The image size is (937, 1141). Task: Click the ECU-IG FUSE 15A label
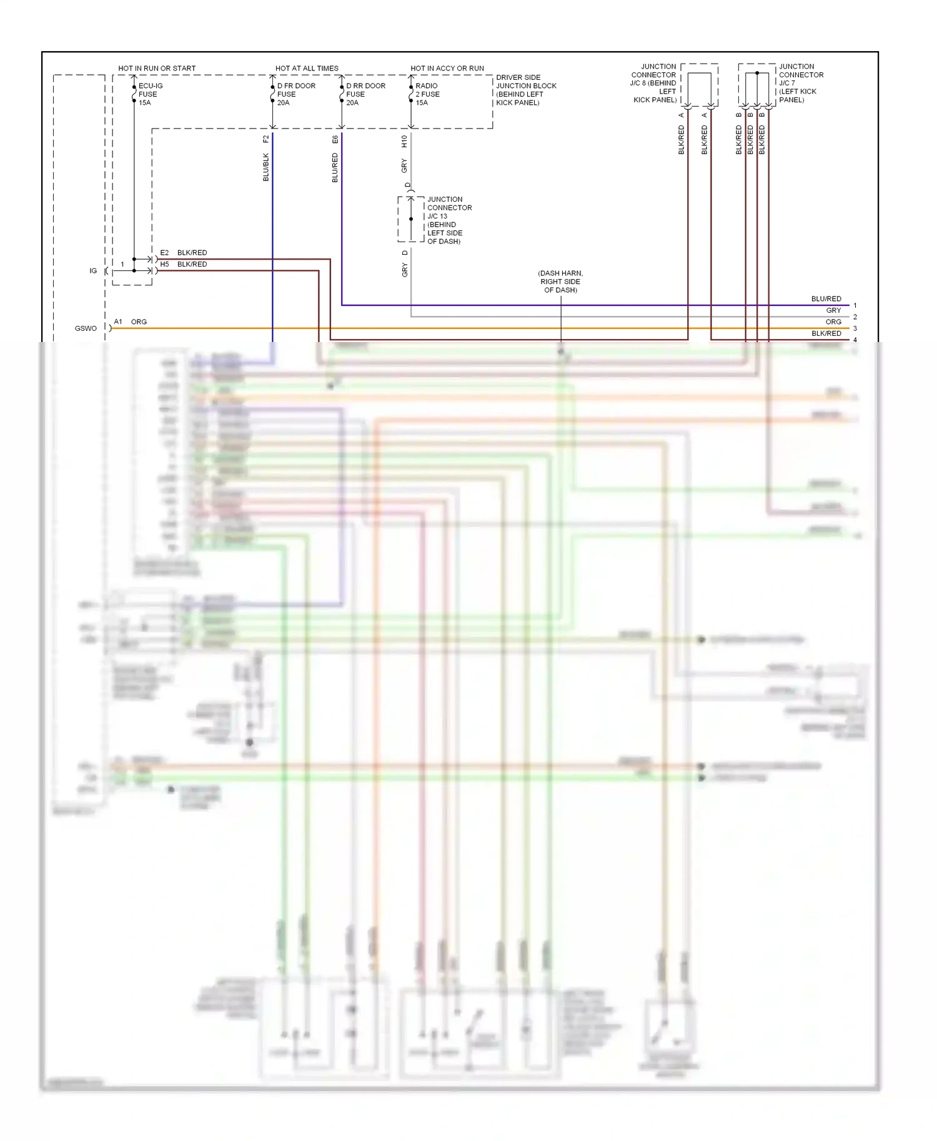coord(150,94)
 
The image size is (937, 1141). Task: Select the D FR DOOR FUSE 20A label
coord(296,94)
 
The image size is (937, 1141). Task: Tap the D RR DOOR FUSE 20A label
coord(365,94)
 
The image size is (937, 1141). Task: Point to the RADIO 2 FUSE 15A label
coord(427,94)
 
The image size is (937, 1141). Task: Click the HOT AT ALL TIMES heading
coord(307,68)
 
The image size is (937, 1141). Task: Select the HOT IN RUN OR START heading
coord(157,68)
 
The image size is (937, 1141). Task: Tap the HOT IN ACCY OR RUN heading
coord(447,68)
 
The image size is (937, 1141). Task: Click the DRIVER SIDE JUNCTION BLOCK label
coord(525,90)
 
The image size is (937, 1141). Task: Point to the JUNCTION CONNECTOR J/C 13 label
coord(449,220)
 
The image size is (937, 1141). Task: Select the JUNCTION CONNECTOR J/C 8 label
coord(654,83)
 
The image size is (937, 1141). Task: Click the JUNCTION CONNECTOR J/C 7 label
coord(801,83)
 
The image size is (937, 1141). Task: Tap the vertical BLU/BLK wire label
coord(266,167)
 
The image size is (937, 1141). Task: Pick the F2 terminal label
coord(266,139)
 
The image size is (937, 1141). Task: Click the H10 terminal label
coord(404,141)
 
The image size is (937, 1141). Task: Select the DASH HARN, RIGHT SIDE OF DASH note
coord(560,282)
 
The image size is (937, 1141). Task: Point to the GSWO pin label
coord(86,328)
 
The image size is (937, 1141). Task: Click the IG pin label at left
coord(93,271)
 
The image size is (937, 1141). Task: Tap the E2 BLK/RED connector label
coord(184,253)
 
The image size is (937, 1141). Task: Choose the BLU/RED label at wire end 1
coord(826,299)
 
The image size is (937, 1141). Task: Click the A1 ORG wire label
coord(131,322)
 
